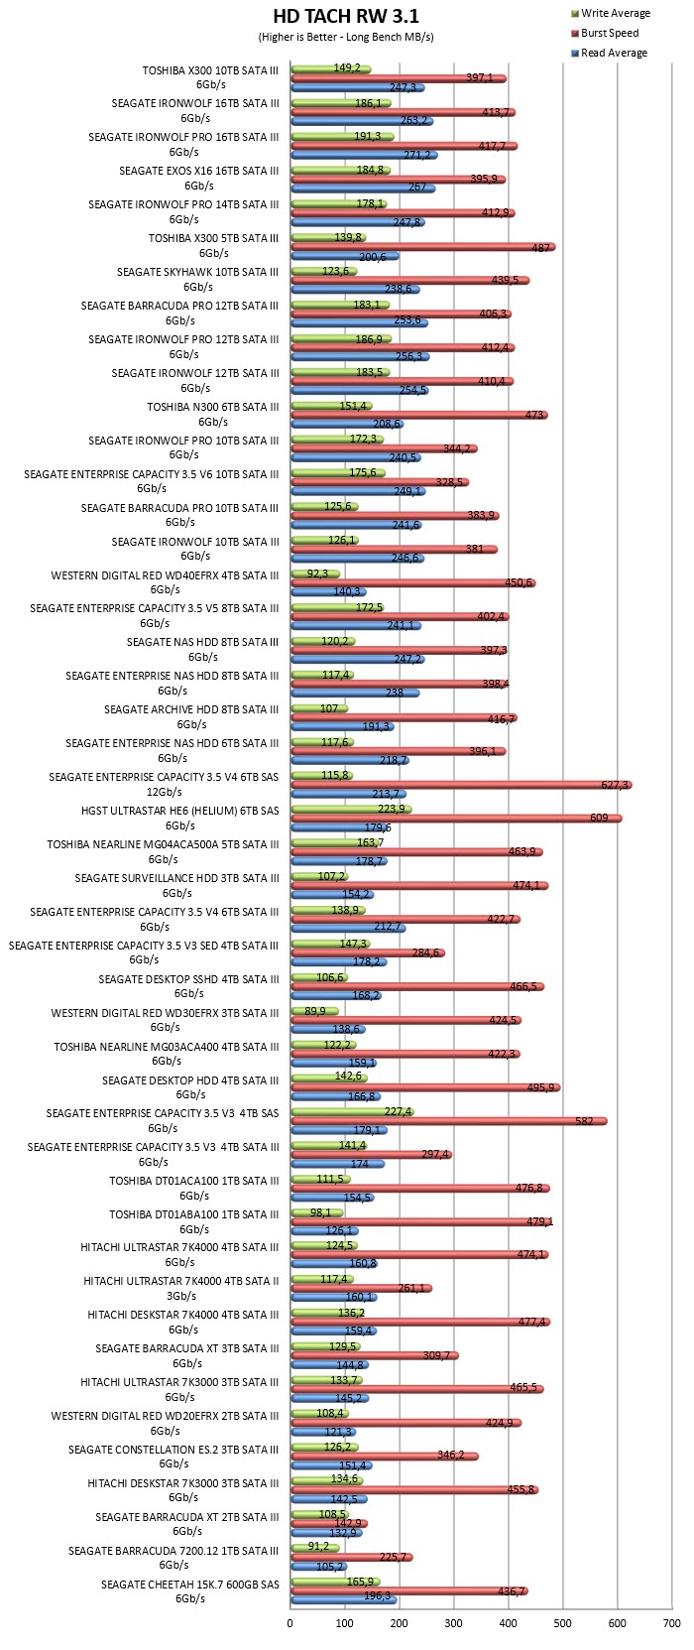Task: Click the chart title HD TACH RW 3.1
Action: [x=346, y=16]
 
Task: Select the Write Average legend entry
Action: [x=610, y=13]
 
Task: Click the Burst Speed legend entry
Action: [x=604, y=33]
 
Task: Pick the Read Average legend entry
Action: [x=609, y=53]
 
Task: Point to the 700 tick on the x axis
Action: [x=671, y=1623]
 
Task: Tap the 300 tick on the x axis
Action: [x=453, y=1623]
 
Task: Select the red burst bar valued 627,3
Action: [x=461, y=785]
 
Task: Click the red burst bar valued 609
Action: [x=456, y=819]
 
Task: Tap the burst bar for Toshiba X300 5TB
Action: [x=423, y=247]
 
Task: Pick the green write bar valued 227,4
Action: [x=353, y=1111]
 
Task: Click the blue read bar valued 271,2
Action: [x=364, y=155]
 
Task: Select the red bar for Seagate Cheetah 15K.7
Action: [x=409, y=1591]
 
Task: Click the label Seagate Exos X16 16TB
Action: [x=198, y=179]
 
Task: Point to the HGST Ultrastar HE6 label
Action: [x=179, y=819]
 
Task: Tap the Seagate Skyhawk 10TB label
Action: [x=197, y=279]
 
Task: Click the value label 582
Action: [x=584, y=1121]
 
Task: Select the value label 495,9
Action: [x=540, y=1087]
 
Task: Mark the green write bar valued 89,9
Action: [x=315, y=1011]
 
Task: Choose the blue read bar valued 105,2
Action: [x=319, y=1566]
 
